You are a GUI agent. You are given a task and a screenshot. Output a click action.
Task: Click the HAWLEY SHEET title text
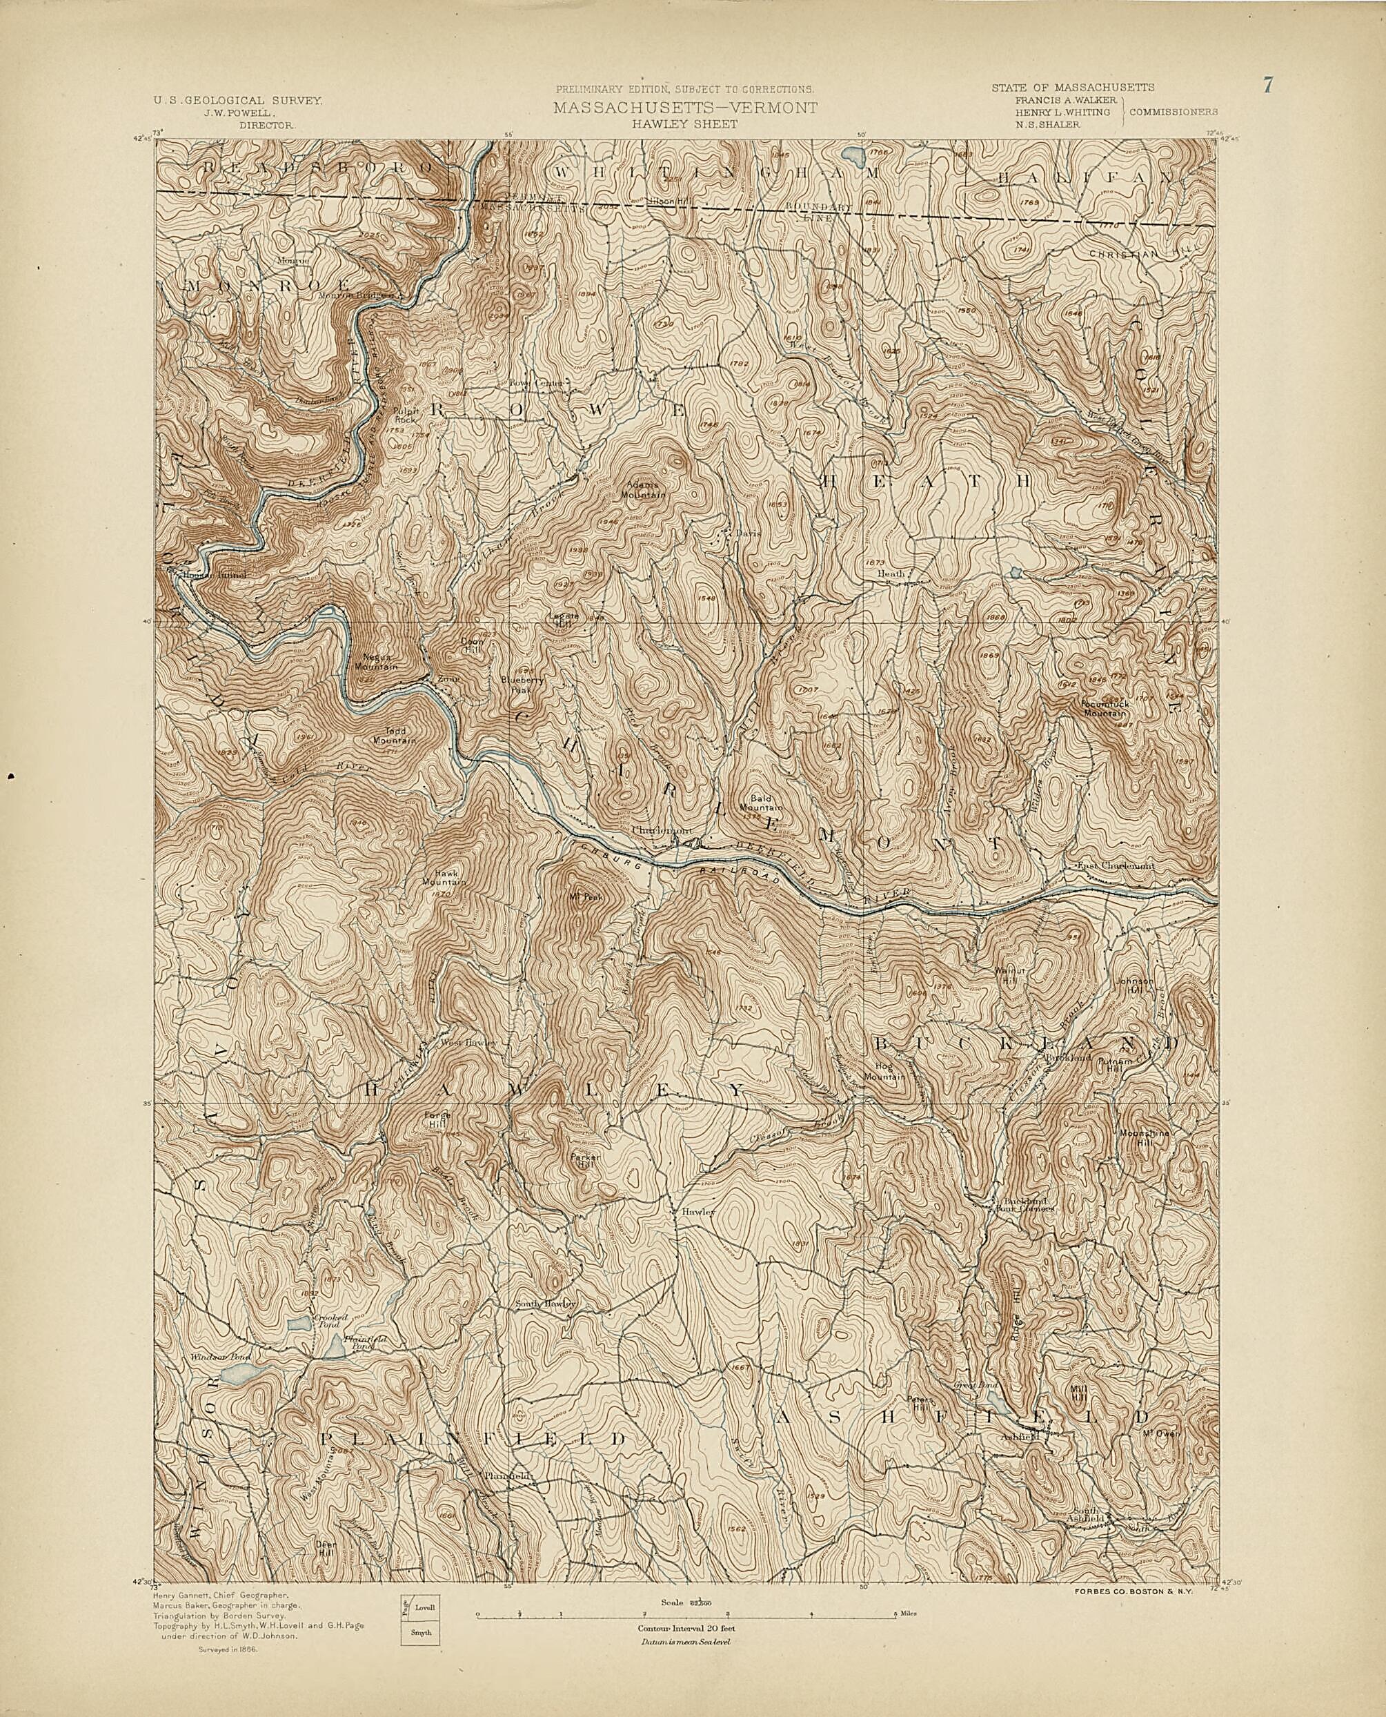tap(684, 125)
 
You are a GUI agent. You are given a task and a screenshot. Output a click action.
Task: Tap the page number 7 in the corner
tap(1267, 85)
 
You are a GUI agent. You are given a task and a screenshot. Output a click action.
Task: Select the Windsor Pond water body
tap(237, 1375)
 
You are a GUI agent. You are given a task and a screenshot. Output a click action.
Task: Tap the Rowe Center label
tap(536, 382)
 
